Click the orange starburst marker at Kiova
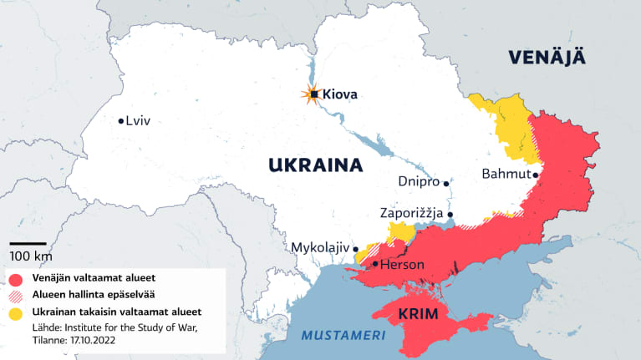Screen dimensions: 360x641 pyautogui.click(x=313, y=94)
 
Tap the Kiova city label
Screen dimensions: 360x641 pyautogui.click(x=340, y=95)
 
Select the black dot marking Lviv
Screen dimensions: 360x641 pyautogui.click(x=122, y=120)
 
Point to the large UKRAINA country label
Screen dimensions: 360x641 pyautogui.click(x=315, y=165)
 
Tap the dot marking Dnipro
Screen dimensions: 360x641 pyautogui.click(x=447, y=181)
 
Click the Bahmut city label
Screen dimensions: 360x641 pyautogui.click(x=506, y=174)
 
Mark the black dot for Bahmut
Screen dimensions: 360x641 pyautogui.click(x=535, y=174)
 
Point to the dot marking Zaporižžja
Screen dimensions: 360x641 pyautogui.click(x=450, y=215)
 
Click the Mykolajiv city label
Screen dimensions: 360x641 pyautogui.click(x=320, y=247)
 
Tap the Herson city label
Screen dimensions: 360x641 pyautogui.click(x=403, y=265)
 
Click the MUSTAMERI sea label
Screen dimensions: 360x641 pyautogui.click(x=343, y=336)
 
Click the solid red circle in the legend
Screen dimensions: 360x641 pyautogui.click(x=17, y=278)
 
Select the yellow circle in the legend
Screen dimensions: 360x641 pyautogui.click(x=17, y=312)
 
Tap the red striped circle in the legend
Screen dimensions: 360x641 pyautogui.click(x=17, y=295)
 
